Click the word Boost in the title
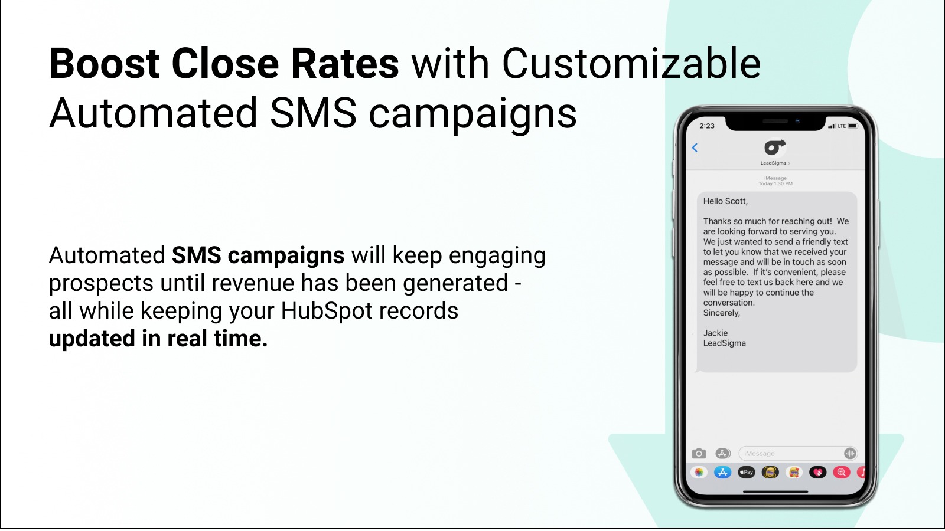[104, 64]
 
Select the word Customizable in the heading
[631, 64]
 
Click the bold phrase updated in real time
[158, 339]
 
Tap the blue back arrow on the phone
[695, 147]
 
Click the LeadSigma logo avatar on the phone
[775, 147]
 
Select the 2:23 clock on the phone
[706, 126]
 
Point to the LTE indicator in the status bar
[842, 126]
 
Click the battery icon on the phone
[853, 126]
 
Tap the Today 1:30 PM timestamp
[775, 183]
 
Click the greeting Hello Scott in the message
[725, 201]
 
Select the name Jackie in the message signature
[715, 333]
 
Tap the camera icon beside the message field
[699, 454]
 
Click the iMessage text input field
[798, 454]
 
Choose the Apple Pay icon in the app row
[747, 473]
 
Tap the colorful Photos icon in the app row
[699, 473]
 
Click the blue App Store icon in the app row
[722, 473]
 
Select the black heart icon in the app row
[817, 473]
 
